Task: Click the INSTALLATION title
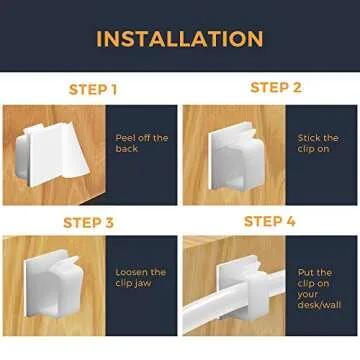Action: (180, 39)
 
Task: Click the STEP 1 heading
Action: (93, 90)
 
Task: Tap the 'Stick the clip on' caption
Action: (318, 143)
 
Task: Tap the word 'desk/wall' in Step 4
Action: (319, 307)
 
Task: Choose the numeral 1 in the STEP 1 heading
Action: (113, 90)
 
